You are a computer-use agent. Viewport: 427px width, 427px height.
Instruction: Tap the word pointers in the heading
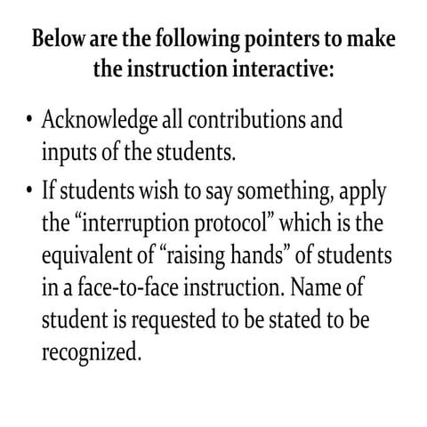[278, 41]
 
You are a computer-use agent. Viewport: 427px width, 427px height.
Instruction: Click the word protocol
[233, 223]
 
